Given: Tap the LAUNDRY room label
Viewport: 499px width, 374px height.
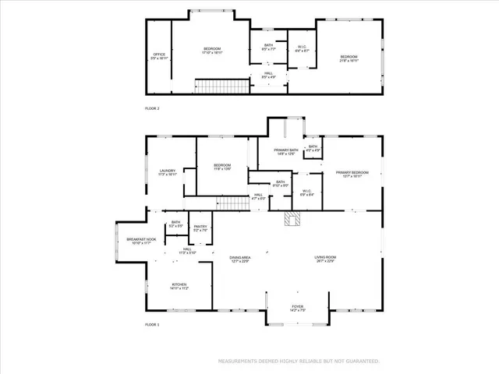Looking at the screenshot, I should tap(168, 172).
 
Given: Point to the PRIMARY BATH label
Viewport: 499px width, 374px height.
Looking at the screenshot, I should tap(285, 151).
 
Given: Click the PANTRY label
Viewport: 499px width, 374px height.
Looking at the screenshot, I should tap(200, 228).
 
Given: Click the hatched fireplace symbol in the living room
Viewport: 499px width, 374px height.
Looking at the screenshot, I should tap(292, 221).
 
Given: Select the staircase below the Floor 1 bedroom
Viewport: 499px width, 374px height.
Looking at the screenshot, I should tap(232, 203).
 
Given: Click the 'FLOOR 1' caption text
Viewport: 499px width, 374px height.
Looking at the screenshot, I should tap(152, 324).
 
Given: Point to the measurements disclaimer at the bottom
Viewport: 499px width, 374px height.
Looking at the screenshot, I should tap(299, 362).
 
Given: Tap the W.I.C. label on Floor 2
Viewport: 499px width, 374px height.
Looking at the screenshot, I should tap(302, 49).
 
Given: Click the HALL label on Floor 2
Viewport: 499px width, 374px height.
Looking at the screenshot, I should tap(268, 76).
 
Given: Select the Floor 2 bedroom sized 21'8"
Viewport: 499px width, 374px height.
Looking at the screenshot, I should tap(349, 58).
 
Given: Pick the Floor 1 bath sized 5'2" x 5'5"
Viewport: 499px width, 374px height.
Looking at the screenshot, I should tap(176, 224).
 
